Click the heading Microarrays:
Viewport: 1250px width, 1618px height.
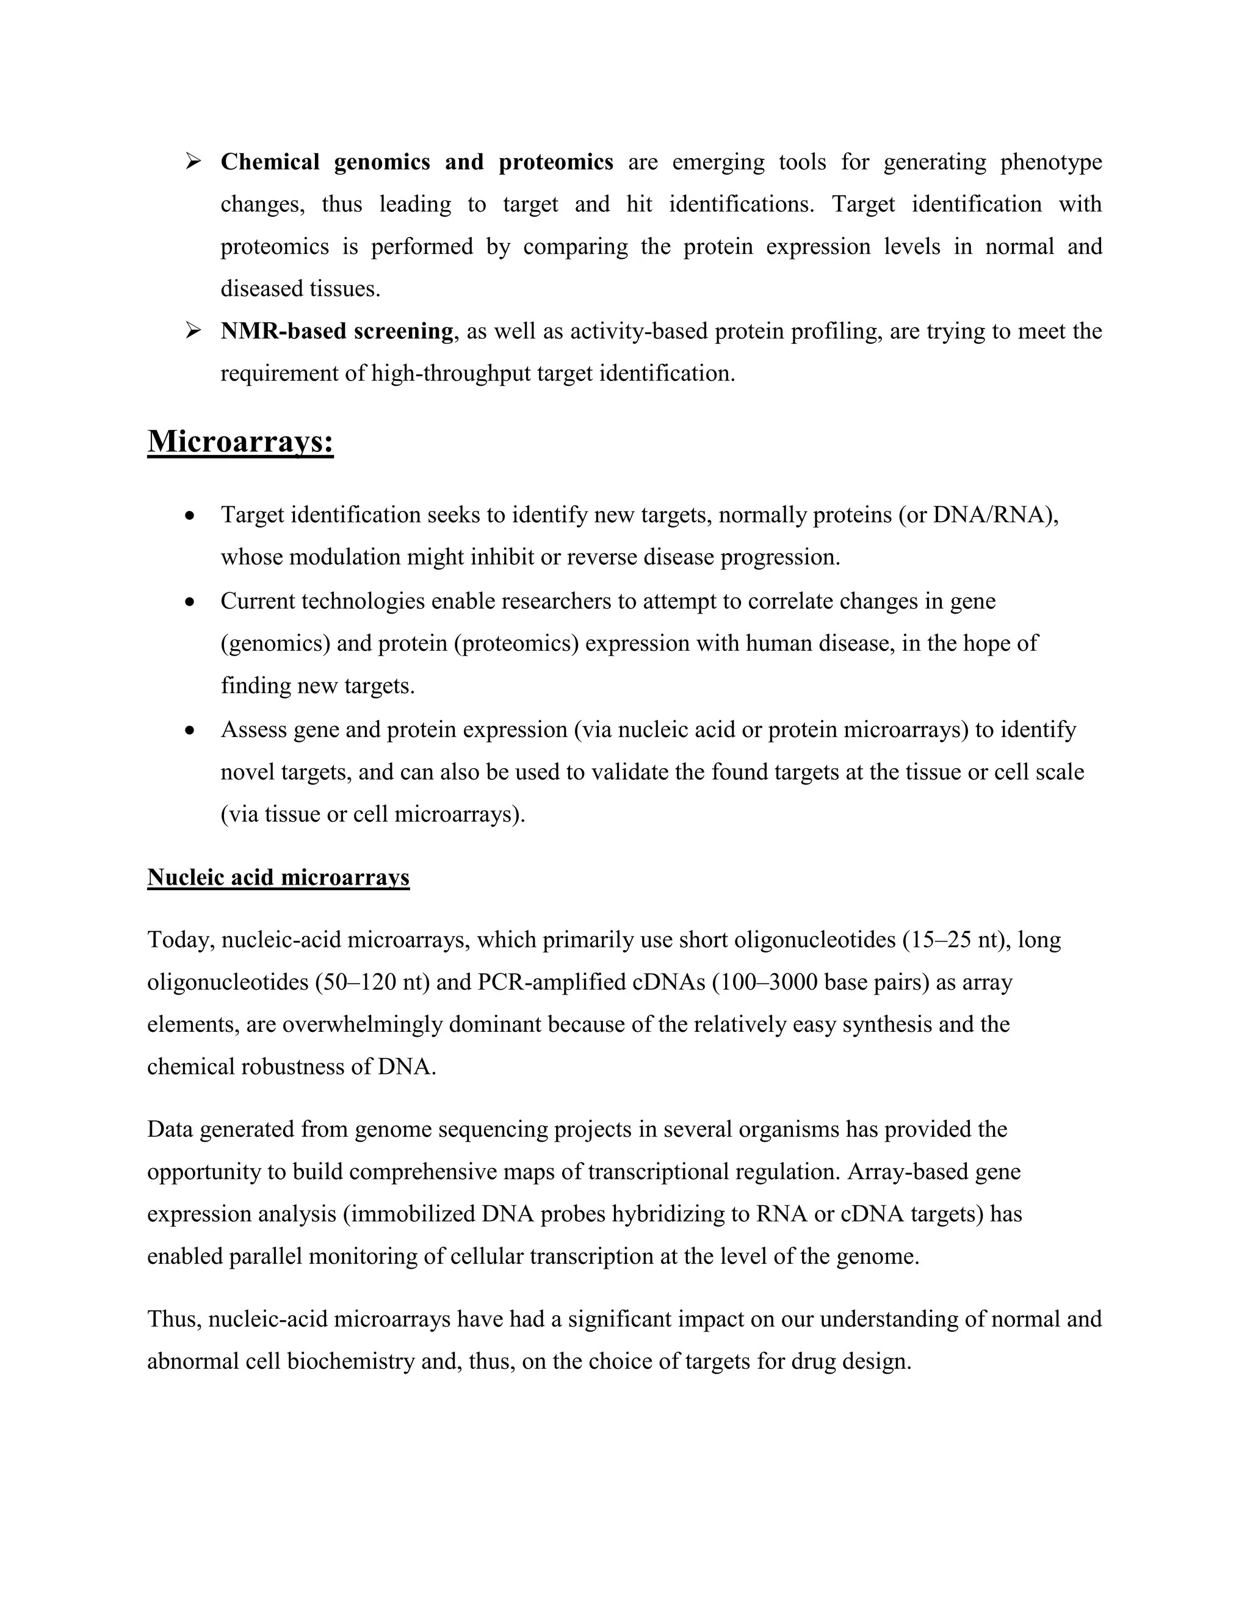(240, 442)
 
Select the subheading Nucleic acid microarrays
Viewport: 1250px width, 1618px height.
(278, 878)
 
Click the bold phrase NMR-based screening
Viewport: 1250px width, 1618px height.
(337, 331)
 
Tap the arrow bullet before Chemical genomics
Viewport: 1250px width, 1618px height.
(194, 161)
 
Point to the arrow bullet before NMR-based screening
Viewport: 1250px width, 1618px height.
(194, 330)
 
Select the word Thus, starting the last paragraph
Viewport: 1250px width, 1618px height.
(174, 1319)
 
